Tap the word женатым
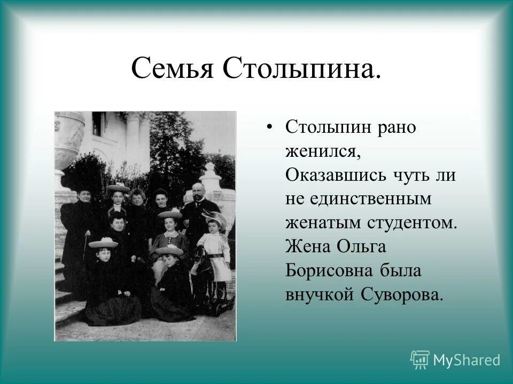pos(322,223)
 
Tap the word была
pos(402,271)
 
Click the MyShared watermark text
pos(467,361)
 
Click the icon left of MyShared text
pos(420,360)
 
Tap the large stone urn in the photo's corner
pos(68,139)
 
